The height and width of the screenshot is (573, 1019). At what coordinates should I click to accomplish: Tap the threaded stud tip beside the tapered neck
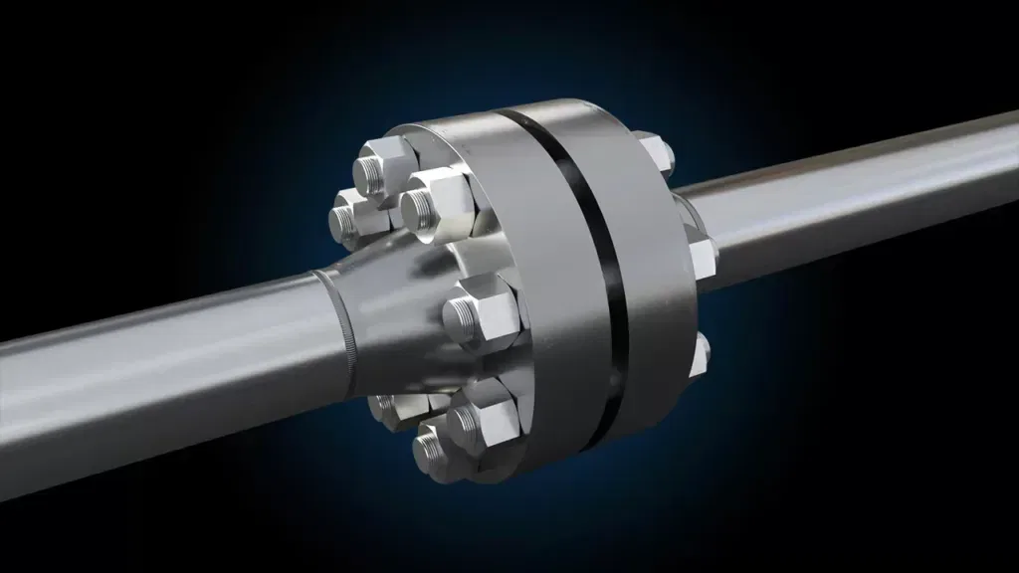tap(460, 315)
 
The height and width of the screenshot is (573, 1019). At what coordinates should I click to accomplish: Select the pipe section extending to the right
tap(856, 199)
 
